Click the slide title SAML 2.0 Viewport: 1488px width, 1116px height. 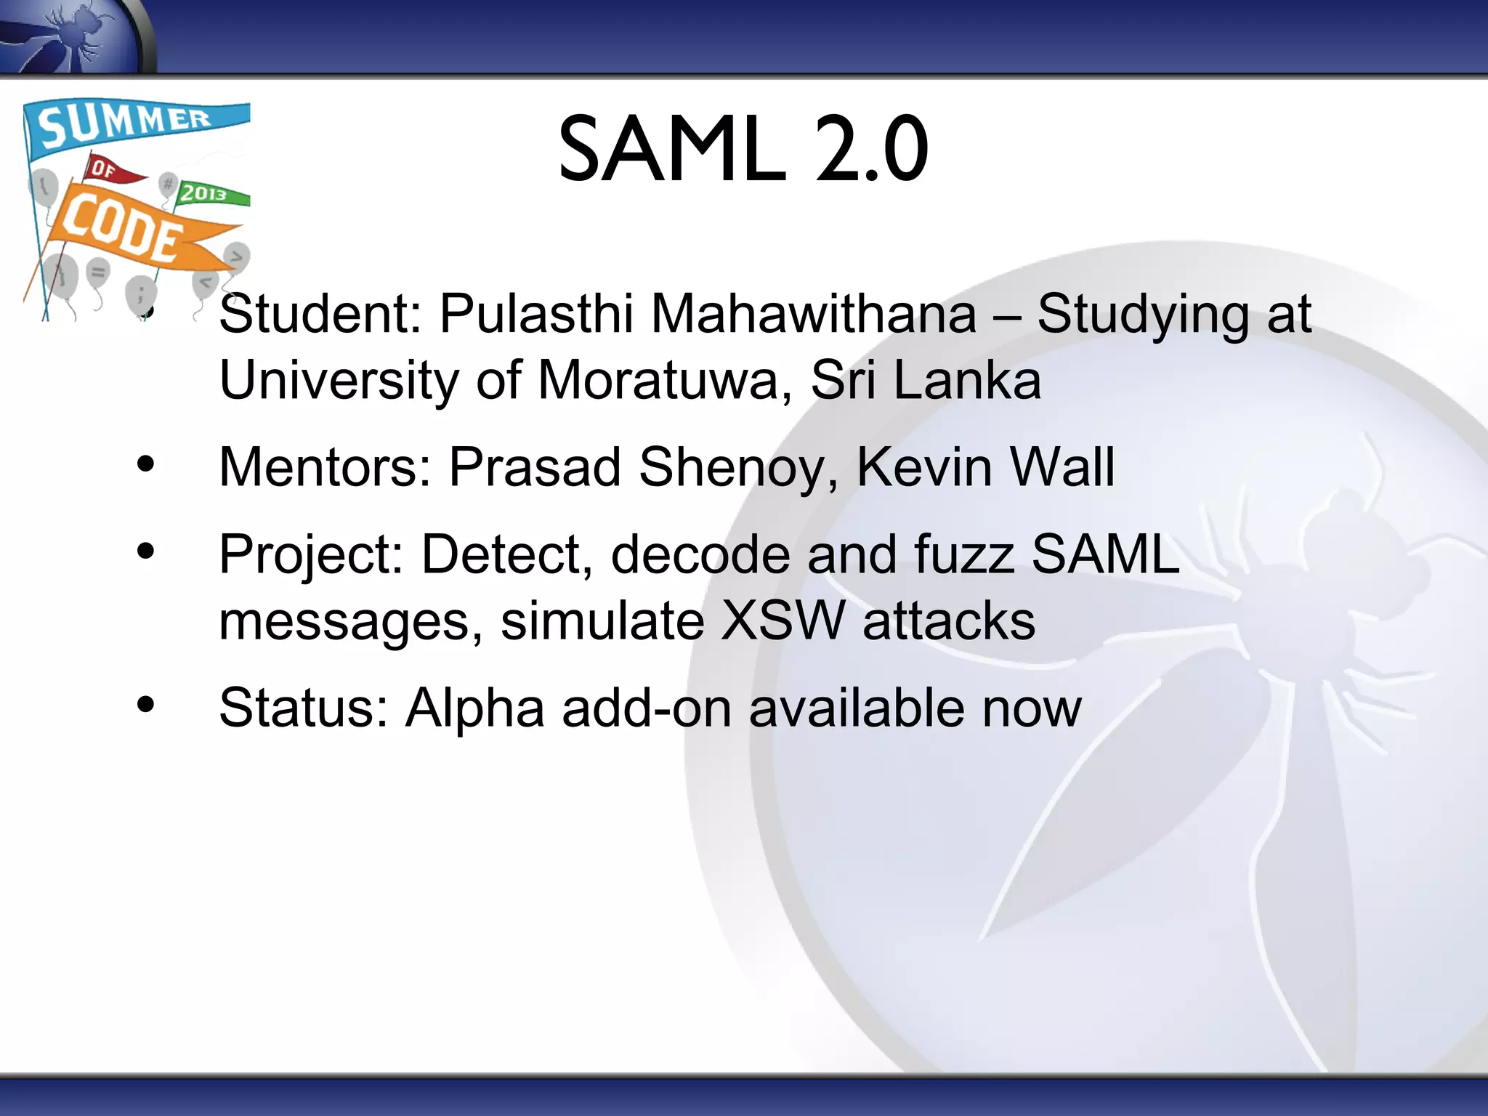tap(743, 150)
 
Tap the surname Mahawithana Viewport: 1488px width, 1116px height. tap(813, 315)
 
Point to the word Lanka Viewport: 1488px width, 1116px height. tap(967, 381)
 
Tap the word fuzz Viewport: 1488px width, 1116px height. tap(963, 555)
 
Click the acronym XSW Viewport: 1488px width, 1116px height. tap(783, 622)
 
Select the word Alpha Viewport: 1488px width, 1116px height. tap(474, 709)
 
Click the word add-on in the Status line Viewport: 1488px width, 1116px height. tap(646, 709)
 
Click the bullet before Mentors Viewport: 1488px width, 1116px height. tap(146, 464)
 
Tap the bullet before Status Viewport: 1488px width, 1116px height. tap(146, 705)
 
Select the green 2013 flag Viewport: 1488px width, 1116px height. tap(211, 193)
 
